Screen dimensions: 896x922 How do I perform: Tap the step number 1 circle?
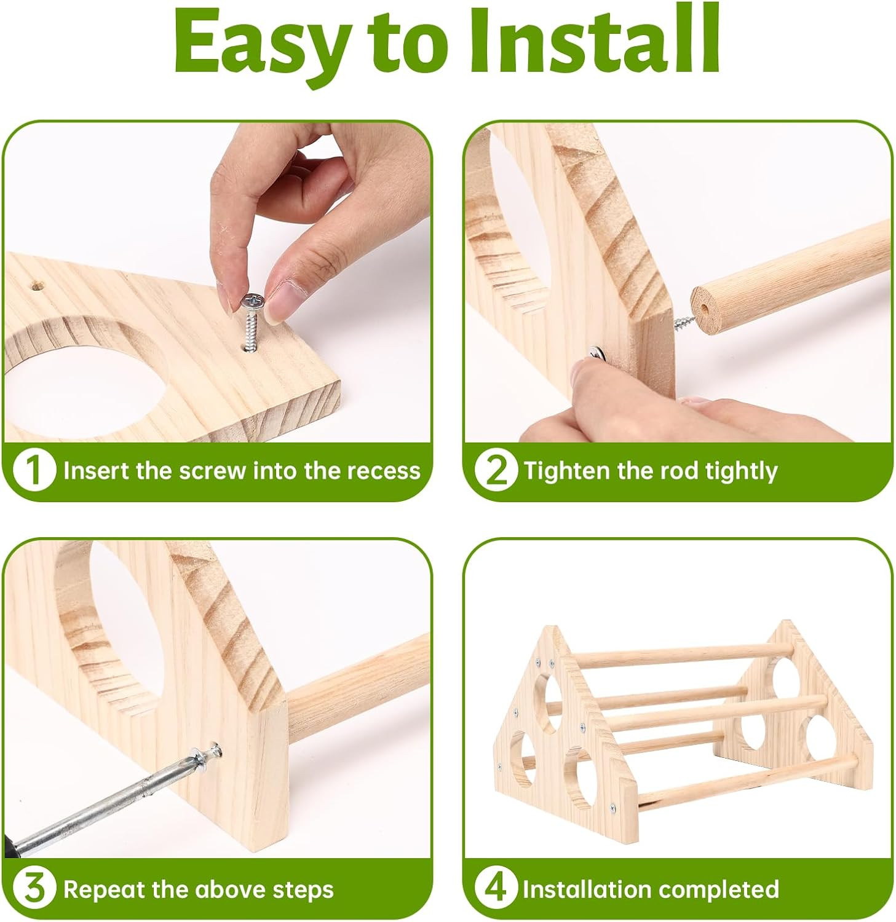(x=34, y=471)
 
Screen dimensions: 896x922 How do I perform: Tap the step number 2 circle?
(x=496, y=471)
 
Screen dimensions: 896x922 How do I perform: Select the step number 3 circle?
(x=34, y=889)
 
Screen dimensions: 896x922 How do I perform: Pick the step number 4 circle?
(x=496, y=889)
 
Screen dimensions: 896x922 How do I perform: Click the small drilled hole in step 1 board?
(x=36, y=286)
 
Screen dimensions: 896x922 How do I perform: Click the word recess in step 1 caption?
(x=384, y=471)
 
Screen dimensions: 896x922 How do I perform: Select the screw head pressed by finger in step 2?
(x=596, y=354)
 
